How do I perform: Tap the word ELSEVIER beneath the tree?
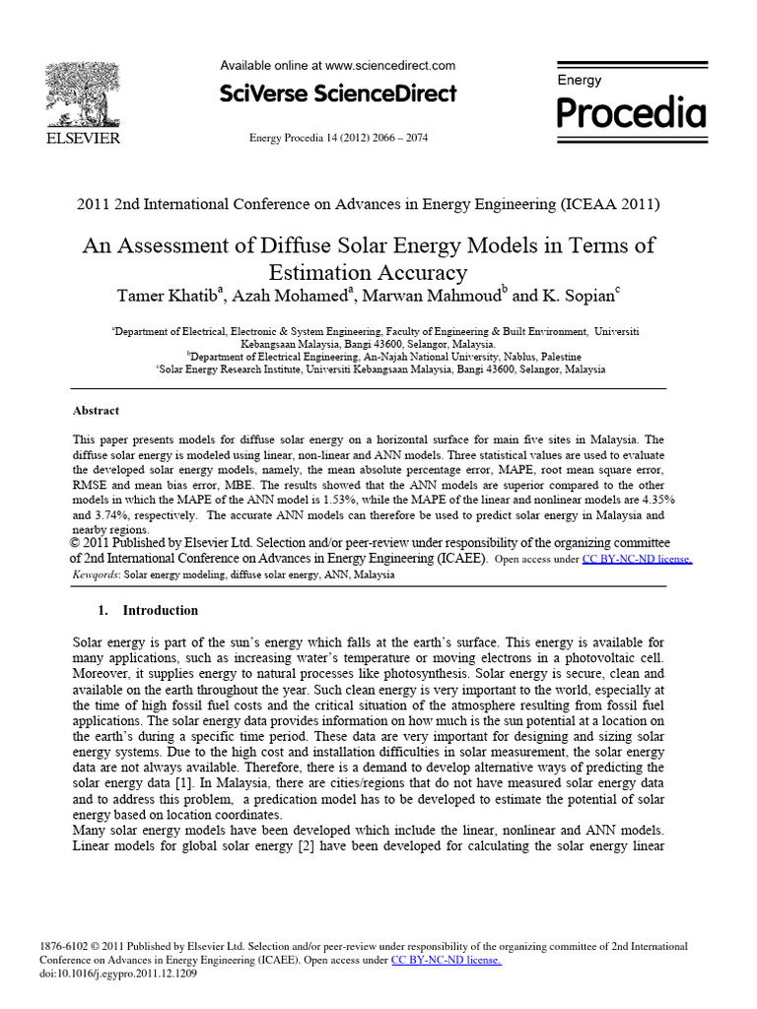coord(81,138)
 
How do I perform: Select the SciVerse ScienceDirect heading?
coord(337,94)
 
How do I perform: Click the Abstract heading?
coord(97,410)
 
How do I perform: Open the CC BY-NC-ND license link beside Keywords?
coord(637,559)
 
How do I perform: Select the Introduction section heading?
coord(160,610)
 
